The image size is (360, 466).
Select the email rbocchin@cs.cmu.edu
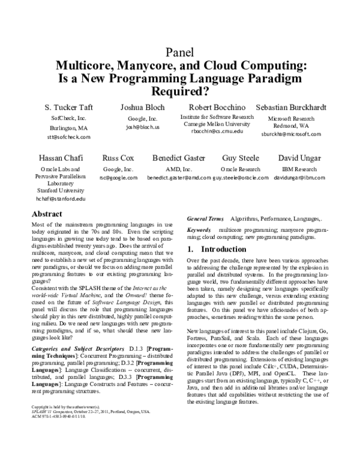click(214, 130)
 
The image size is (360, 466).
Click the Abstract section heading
click(47, 214)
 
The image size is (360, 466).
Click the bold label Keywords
click(199, 230)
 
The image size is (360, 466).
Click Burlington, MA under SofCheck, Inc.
click(68, 128)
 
